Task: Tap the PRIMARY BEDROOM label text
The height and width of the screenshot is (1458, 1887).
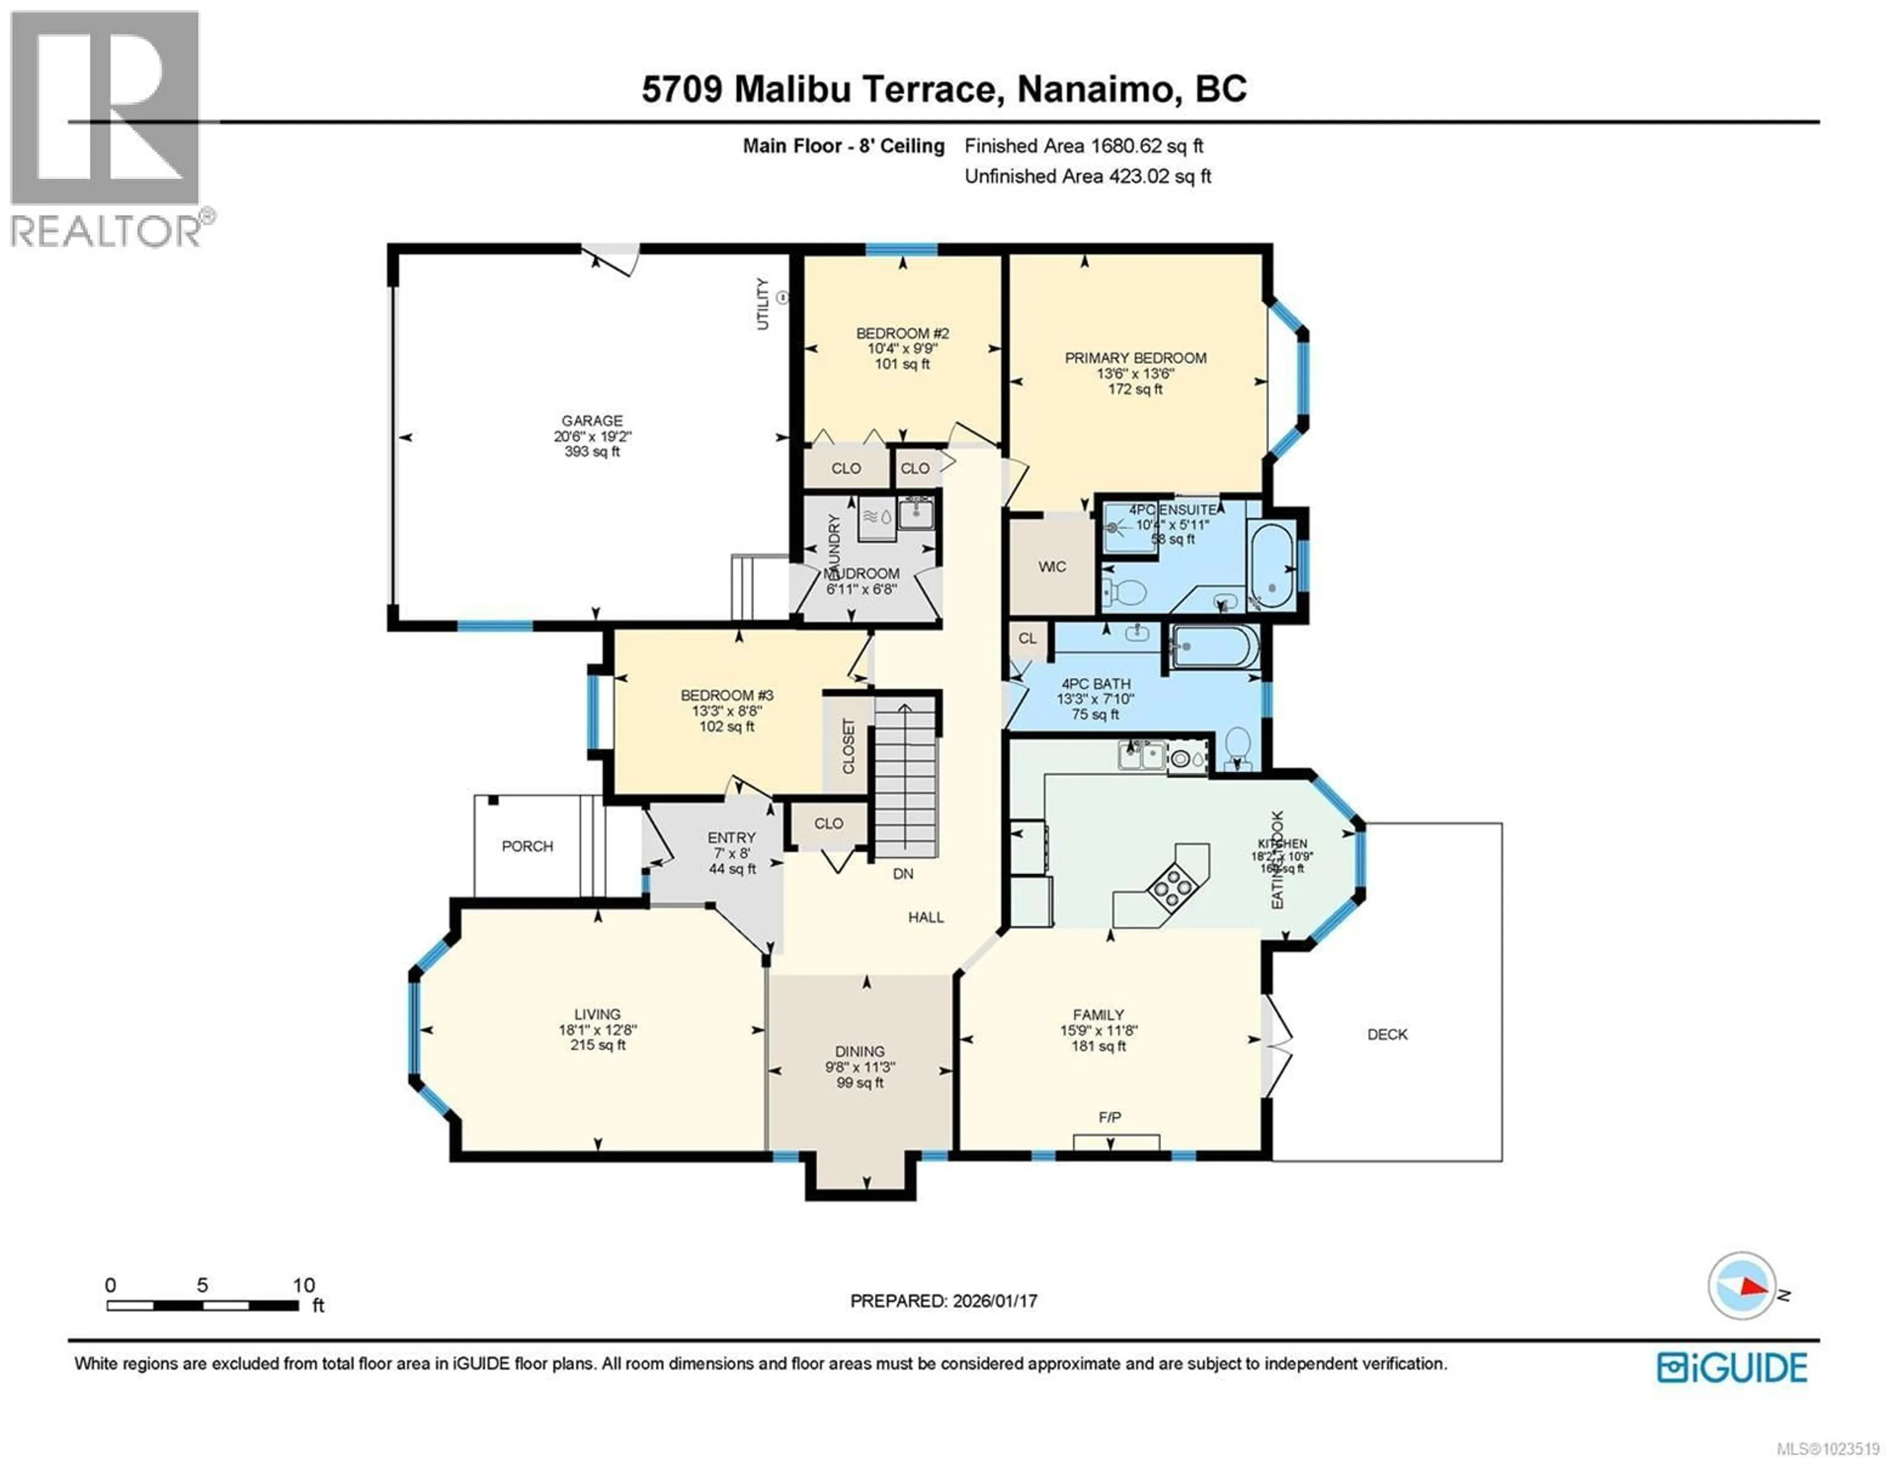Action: [x=1135, y=358]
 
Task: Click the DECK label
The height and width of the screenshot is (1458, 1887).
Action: [x=1387, y=1034]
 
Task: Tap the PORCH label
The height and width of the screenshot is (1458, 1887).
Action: [x=527, y=846]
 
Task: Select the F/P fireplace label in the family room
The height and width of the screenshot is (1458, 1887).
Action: [x=1110, y=1117]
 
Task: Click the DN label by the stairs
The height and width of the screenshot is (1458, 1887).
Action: [x=903, y=874]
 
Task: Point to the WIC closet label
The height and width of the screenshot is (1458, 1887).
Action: [x=1052, y=567]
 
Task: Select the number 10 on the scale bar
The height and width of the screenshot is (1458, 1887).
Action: [x=303, y=1285]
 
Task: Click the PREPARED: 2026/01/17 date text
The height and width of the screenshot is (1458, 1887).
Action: [x=943, y=1301]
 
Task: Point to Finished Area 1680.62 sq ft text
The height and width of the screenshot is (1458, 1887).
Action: [x=1084, y=146]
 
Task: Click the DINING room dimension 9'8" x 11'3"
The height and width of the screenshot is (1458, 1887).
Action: [x=859, y=1067]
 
